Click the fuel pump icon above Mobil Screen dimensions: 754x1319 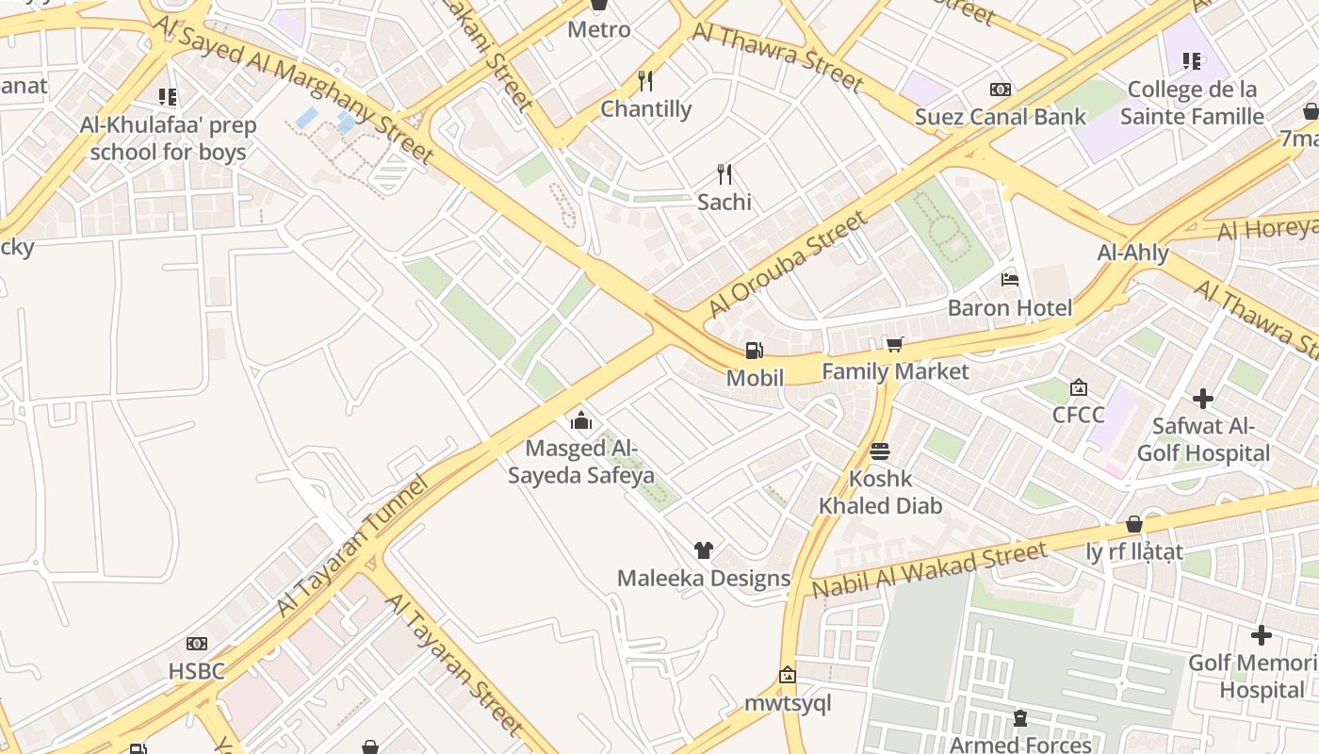(754, 351)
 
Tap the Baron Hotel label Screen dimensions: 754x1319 (1009, 308)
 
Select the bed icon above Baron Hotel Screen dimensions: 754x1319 (1010, 280)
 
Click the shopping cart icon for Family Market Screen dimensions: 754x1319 (894, 344)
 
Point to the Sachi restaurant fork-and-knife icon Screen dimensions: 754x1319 (724, 174)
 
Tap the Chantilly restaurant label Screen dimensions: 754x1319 (645, 109)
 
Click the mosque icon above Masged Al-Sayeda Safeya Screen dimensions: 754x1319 (581, 420)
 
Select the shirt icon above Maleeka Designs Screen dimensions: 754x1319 (703, 550)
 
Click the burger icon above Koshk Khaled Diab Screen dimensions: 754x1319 (880, 451)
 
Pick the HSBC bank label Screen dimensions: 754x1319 (196, 671)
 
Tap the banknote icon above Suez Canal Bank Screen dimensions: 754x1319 (1001, 90)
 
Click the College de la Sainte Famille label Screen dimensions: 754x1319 (1192, 104)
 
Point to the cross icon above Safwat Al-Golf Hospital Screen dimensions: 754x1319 (1203, 398)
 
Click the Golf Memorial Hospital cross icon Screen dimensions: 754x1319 (1262, 635)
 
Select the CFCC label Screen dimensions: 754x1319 (1078, 415)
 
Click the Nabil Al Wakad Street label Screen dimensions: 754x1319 (929, 571)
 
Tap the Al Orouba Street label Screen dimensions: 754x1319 (787, 265)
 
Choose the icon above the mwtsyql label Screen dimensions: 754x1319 (788, 675)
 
